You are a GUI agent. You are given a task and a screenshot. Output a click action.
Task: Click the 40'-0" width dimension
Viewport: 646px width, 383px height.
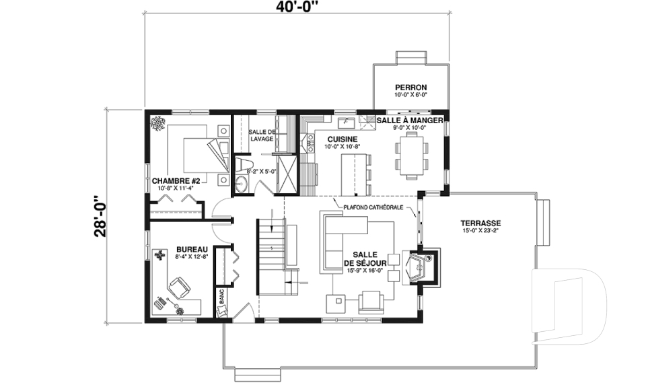pos(297,6)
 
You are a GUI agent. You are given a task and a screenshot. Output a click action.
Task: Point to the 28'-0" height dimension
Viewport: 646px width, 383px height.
pos(100,216)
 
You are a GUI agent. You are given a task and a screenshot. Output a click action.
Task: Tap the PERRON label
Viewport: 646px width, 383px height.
pos(410,88)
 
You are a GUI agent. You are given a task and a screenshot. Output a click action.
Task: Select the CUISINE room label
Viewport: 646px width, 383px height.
pos(343,139)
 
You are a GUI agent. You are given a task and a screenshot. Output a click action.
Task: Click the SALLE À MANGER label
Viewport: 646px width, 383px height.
pos(410,120)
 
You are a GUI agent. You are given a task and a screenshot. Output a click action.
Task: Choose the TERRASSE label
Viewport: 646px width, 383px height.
pos(480,223)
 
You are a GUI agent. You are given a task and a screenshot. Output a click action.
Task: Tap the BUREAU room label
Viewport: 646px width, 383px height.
pos(192,250)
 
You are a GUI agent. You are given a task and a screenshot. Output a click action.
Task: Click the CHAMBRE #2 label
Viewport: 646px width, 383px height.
pos(176,181)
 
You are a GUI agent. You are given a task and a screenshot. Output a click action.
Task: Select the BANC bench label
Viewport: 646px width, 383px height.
pos(221,296)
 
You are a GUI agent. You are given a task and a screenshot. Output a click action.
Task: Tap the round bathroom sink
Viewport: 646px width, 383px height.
pos(241,184)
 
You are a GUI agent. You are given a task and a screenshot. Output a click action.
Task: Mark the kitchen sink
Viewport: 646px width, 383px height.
pos(345,123)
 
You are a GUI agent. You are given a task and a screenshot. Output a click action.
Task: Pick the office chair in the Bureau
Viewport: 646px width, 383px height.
pos(178,287)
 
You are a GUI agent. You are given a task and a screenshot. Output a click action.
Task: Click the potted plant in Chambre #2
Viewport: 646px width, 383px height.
pos(157,123)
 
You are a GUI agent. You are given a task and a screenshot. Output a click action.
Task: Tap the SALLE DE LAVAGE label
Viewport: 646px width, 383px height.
pos(262,135)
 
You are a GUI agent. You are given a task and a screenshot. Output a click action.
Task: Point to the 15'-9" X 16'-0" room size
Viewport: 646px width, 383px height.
pos(365,271)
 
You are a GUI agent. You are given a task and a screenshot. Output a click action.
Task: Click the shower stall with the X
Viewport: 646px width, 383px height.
pos(287,174)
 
